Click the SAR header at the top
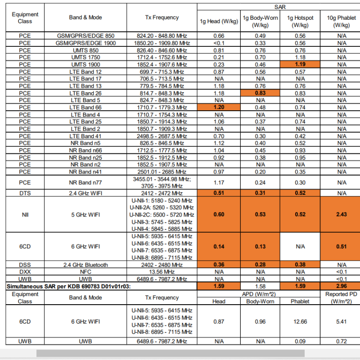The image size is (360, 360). point(279,7)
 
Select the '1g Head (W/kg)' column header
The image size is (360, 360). point(219,21)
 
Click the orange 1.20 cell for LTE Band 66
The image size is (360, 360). point(219,108)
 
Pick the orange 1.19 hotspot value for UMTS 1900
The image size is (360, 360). point(300,64)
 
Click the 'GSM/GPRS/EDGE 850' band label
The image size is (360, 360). point(85,36)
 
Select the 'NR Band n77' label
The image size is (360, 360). point(85,183)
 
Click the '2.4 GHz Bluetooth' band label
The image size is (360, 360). point(85,265)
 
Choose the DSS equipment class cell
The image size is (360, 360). point(25,265)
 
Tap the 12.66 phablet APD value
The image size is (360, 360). point(300,321)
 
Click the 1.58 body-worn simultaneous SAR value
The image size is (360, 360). point(260,286)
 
